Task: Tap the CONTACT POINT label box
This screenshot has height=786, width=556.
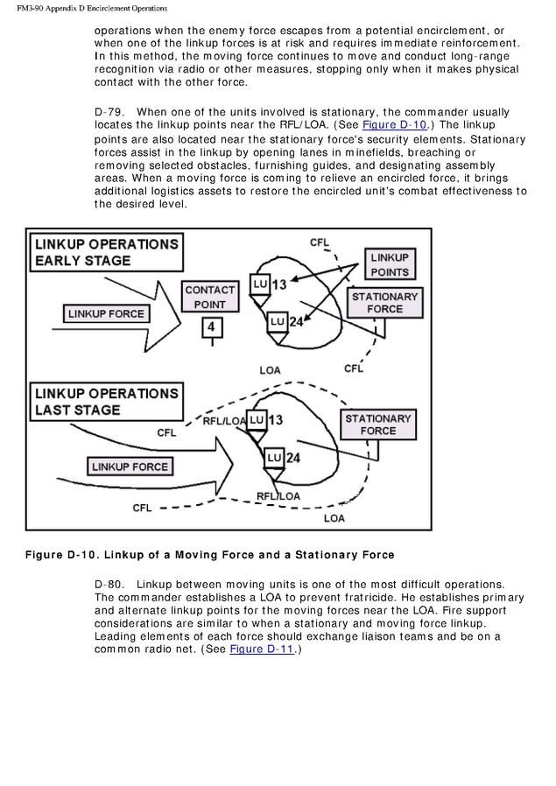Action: tap(209, 297)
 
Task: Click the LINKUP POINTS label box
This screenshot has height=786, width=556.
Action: tap(389, 264)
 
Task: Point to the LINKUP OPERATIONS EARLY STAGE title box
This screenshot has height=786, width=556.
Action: tap(106, 252)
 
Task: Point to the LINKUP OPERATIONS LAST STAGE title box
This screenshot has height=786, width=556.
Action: tap(106, 401)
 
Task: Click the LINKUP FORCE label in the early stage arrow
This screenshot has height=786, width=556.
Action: tap(106, 312)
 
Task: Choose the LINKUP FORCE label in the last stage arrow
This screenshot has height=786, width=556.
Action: tap(130, 467)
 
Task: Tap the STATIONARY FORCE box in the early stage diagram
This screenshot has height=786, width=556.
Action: tap(384, 303)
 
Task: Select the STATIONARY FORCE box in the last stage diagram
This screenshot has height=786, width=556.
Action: tap(377, 425)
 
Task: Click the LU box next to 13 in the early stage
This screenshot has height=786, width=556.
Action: tap(259, 284)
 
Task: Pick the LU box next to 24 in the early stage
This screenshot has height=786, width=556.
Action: tap(277, 321)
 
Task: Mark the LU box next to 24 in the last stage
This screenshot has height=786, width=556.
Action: tap(273, 457)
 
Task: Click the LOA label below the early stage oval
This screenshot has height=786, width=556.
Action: tap(270, 370)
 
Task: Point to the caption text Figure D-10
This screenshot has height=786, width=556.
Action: tap(61, 554)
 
